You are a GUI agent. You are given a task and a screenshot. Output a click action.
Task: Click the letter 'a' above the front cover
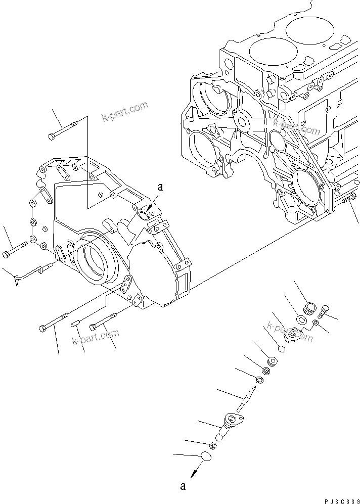160,188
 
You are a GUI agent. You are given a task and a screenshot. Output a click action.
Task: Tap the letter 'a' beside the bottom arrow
184,487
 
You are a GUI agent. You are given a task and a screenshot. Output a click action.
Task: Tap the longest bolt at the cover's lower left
53,324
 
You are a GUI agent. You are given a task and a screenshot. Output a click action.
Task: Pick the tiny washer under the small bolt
315,323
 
